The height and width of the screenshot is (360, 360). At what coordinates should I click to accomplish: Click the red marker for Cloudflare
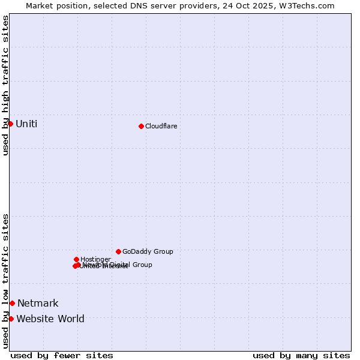(x=141, y=126)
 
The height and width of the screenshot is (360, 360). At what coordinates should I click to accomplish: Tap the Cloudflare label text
(x=161, y=127)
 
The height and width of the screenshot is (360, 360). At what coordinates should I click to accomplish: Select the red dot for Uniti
(x=10, y=124)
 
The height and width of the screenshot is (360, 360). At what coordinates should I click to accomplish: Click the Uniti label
(x=26, y=124)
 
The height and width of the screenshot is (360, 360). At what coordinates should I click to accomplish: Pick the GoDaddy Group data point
(x=118, y=251)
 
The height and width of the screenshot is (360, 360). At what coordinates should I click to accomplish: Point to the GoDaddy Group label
(x=148, y=252)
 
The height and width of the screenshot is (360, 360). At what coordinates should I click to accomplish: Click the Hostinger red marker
(x=76, y=259)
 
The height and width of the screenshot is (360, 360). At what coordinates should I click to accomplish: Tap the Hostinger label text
(x=95, y=260)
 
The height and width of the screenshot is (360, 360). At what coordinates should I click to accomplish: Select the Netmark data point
(x=12, y=303)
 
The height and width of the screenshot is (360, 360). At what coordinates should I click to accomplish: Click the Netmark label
(x=38, y=304)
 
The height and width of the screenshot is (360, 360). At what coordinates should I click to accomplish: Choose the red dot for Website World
(x=11, y=319)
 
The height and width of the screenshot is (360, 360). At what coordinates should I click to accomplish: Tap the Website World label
(x=50, y=319)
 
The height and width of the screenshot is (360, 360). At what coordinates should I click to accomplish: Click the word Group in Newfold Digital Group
(x=142, y=265)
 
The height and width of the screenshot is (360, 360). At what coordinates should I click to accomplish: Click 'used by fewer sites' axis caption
(x=62, y=355)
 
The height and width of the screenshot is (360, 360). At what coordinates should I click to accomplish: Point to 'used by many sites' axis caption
(x=301, y=355)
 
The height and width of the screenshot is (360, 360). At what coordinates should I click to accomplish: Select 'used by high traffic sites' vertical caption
(x=5, y=85)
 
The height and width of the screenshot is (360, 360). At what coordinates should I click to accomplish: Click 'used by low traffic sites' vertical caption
(x=5, y=281)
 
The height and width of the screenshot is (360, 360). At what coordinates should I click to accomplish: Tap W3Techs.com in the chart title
(x=309, y=5)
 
